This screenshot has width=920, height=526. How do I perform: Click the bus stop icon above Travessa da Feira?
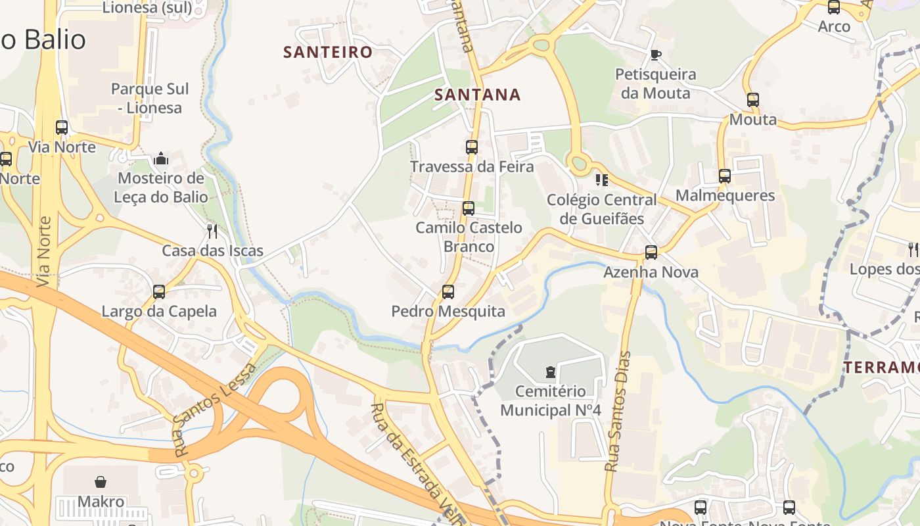click(472, 147)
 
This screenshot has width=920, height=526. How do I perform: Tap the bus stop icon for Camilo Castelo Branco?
click(469, 208)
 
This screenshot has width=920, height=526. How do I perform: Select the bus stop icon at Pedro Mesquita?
click(448, 291)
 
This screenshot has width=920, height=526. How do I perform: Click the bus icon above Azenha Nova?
click(651, 252)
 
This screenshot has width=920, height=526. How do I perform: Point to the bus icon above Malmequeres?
click(725, 176)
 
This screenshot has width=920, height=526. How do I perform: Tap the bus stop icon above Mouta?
click(753, 100)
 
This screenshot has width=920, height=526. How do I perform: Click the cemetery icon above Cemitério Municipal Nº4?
click(551, 372)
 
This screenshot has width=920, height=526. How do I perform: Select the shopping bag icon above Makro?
click(101, 482)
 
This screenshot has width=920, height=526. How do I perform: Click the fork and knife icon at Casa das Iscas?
click(212, 231)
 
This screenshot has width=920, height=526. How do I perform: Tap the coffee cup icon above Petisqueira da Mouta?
click(655, 55)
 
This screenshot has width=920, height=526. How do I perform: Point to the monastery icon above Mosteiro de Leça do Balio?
click(161, 158)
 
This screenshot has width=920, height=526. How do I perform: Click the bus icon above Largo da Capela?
click(159, 292)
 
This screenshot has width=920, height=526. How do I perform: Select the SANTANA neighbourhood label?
click(478, 95)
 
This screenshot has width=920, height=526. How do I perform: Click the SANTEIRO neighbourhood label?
click(328, 52)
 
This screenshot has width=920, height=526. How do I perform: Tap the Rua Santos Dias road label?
click(618, 411)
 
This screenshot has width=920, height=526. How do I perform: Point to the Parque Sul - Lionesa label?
click(150, 98)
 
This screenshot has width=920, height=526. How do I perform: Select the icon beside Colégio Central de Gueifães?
click(601, 179)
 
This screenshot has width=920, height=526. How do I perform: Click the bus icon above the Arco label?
click(834, 8)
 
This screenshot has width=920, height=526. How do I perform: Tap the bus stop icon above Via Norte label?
click(62, 128)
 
